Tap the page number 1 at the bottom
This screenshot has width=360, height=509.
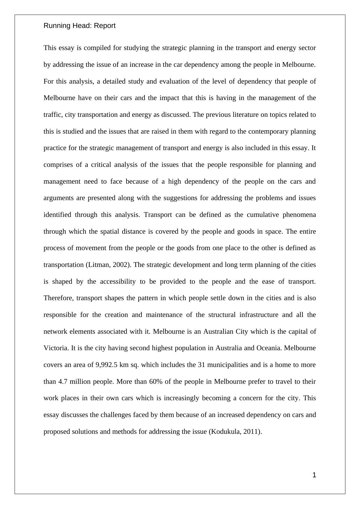point(314,475)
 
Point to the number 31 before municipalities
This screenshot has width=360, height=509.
point(201,365)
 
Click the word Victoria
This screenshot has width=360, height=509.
point(56,348)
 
